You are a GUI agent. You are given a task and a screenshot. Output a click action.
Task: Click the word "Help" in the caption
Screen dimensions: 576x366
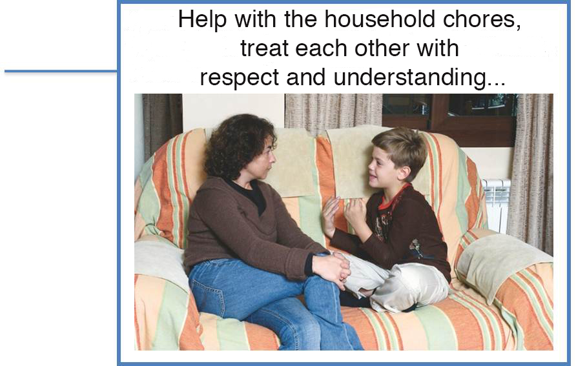pos(202,19)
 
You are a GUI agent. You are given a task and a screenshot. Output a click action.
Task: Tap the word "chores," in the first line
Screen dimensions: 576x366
pos(482,19)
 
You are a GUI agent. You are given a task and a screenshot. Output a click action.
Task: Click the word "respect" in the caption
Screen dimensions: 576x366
pos(239,78)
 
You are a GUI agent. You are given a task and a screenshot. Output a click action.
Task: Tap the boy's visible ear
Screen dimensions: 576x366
pos(404,172)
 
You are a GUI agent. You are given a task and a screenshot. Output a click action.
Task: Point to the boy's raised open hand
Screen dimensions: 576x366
pos(330,216)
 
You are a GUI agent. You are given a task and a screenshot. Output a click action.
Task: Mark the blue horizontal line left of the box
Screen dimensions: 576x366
pos(61,71)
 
